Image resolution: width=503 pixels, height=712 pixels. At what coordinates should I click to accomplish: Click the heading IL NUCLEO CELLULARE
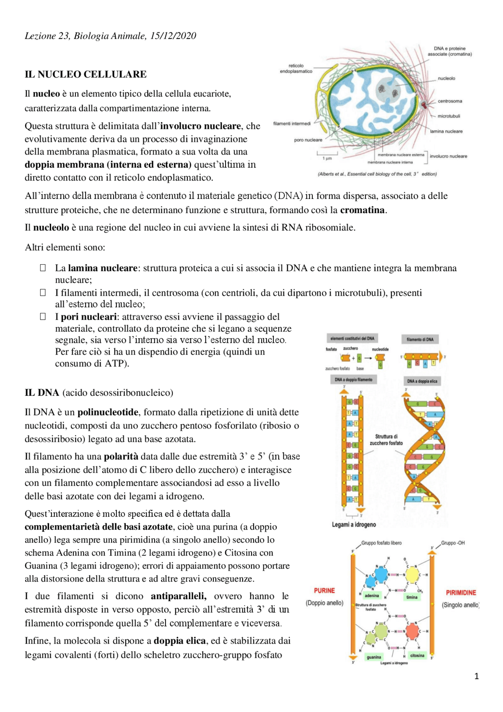click(x=85, y=74)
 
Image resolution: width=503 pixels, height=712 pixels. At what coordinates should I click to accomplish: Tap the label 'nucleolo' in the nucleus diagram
click(x=446, y=79)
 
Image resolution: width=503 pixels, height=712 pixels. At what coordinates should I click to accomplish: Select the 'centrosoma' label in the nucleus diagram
click(x=450, y=101)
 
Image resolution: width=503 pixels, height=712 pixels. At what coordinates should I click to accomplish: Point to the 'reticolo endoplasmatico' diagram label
click(x=296, y=69)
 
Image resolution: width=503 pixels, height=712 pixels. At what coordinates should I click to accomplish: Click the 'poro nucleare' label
click(x=308, y=140)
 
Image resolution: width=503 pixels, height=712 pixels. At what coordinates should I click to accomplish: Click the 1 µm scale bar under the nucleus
click(x=327, y=154)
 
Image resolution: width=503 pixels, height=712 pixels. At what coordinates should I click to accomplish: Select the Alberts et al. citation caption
click(x=377, y=174)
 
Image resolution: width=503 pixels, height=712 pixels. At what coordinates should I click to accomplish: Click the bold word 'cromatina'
click(x=362, y=210)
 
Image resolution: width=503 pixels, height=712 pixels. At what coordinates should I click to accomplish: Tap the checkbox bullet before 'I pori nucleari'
click(x=43, y=316)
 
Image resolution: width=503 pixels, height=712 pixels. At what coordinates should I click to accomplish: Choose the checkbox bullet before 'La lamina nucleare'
click(x=43, y=268)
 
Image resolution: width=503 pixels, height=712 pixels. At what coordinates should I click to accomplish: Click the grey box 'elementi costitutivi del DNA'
click(x=352, y=339)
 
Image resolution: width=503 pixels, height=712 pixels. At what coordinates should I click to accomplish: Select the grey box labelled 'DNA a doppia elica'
click(x=422, y=381)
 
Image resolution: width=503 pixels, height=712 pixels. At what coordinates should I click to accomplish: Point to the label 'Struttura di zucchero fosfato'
click(x=386, y=440)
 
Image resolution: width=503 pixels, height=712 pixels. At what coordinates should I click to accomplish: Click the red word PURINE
click(x=324, y=591)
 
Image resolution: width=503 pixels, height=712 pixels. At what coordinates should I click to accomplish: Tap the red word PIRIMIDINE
click(x=461, y=592)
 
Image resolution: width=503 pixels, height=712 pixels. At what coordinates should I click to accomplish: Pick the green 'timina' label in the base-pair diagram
click(x=411, y=597)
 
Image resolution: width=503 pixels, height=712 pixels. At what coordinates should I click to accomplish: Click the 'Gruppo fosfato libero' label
click(x=381, y=543)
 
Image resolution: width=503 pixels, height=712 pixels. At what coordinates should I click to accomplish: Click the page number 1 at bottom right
click(x=476, y=676)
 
